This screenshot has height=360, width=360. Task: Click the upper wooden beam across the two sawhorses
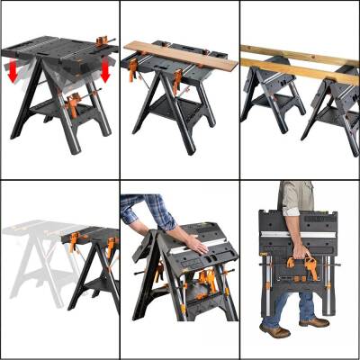point(297,56)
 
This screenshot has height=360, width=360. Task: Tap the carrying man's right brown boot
point(313,322)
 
